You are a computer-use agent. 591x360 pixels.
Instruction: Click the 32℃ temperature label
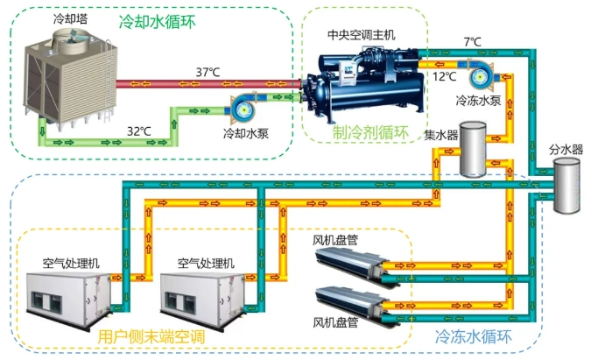coord(138,131)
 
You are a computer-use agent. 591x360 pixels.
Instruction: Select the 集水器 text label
coord(441,135)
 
